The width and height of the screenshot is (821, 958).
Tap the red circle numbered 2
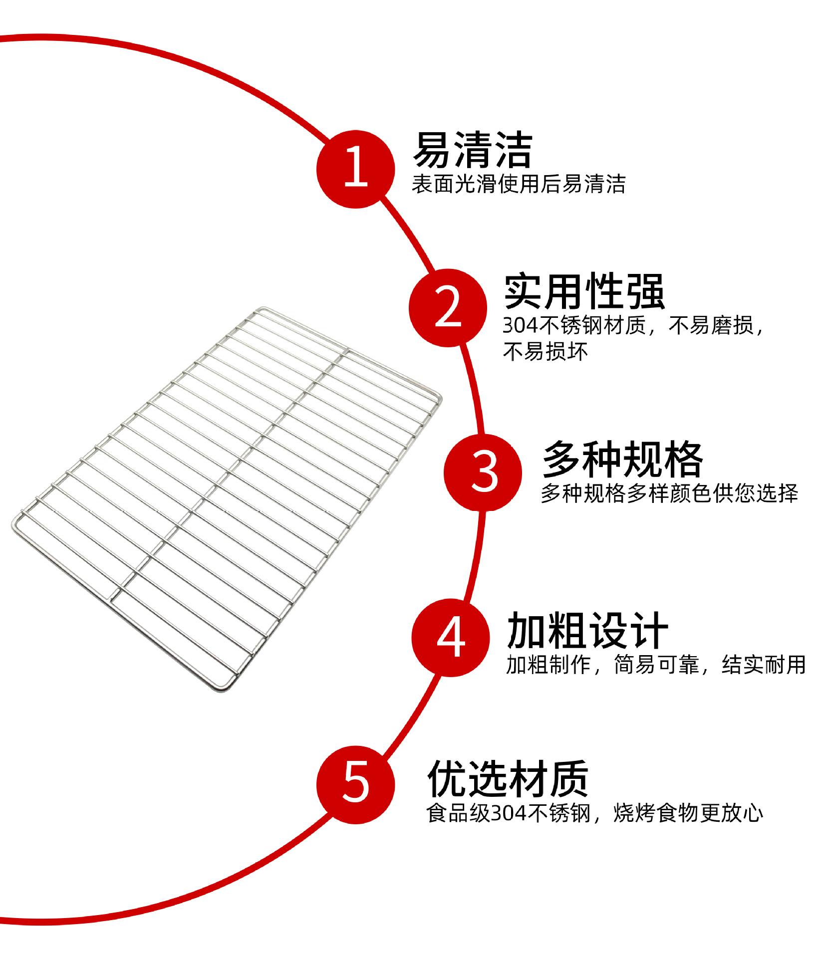[448, 307]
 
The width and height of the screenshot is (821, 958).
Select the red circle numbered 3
[483, 472]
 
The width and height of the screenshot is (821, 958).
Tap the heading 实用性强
[584, 291]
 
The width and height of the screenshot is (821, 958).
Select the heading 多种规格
[623, 459]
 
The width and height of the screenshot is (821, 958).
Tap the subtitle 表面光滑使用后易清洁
[518, 184]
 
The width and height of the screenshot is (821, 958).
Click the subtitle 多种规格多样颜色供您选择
[669, 493]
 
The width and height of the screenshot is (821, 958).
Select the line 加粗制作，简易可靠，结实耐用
[656, 665]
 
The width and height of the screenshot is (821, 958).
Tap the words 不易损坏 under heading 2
[546, 352]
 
